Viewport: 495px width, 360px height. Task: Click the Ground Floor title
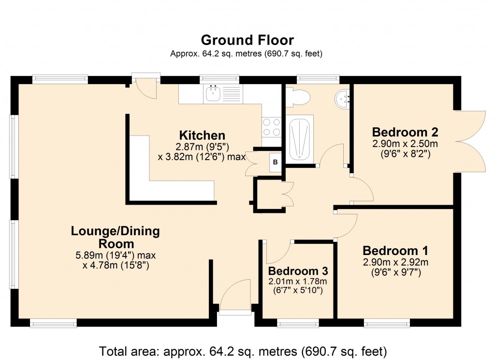tap(247, 40)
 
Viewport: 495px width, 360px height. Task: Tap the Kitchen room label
tap(202, 135)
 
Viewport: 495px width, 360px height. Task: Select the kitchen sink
tap(213, 93)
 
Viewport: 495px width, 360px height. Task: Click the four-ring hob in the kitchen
tap(271, 127)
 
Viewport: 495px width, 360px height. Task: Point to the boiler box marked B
tap(275, 162)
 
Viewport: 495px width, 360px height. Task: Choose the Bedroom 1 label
tap(395, 251)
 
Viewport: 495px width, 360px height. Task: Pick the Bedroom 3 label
tap(298, 270)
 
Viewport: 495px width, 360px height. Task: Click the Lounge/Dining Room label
tap(115, 237)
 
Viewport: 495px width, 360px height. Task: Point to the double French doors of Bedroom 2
tap(470, 141)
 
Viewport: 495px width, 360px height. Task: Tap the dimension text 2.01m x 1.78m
tap(298, 281)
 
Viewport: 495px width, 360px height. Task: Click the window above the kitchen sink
tap(219, 78)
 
